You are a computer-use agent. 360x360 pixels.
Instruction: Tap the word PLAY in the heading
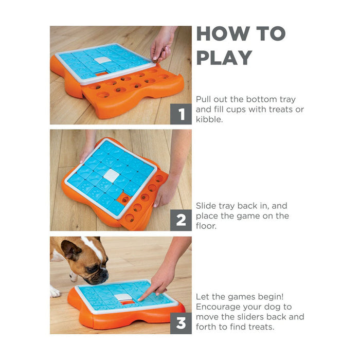(224, 58)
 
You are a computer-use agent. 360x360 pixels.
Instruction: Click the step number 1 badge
(181, 114)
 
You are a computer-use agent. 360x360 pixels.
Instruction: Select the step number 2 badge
(181, 220)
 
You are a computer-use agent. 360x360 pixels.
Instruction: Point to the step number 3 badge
(181, 323)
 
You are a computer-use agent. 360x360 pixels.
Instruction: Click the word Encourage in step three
(219, 307)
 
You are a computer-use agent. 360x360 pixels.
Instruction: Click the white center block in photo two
(112, 175)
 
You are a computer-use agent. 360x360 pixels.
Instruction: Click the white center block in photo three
(123, 297)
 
